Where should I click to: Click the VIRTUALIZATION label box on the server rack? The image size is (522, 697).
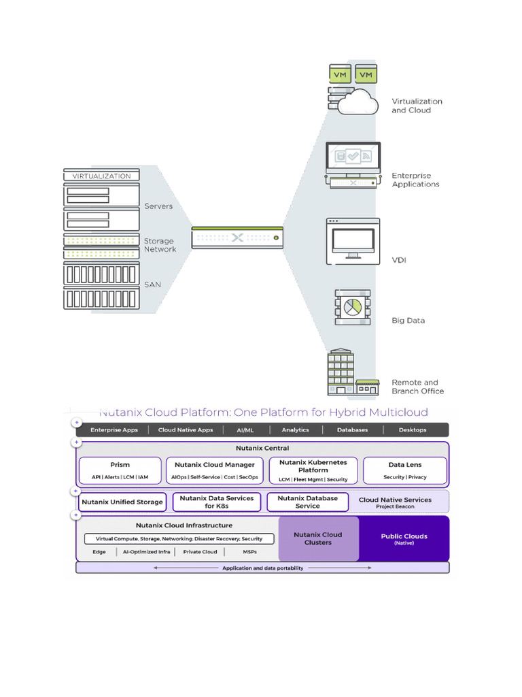(101, 176)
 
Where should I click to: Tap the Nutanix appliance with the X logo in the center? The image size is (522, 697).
(237, 238)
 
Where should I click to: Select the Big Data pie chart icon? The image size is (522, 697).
(352, 306)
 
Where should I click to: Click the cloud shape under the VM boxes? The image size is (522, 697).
(359, 102)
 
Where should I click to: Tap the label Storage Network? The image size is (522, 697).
(160, 245)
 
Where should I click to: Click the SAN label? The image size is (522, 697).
(152, 285)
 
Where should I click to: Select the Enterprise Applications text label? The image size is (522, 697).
(415, 180)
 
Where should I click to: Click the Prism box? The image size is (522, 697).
(120, 470)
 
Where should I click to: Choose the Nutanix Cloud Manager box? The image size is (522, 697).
(214, 470)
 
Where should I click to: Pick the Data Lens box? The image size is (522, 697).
(405, 470)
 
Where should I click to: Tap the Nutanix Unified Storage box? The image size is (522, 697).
(122, 502)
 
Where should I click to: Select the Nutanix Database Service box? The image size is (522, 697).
(307, 502)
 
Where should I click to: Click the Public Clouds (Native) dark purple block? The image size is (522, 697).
(404, 538)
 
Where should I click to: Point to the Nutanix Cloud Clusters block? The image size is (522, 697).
(318, 538)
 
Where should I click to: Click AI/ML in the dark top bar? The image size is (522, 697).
(242, 430)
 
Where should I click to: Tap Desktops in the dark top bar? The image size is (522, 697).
(413, 430)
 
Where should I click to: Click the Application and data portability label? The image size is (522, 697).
(262, 568)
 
